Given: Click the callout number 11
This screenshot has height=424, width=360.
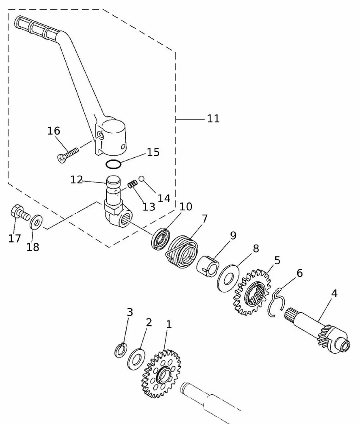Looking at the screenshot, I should tap(213, 118).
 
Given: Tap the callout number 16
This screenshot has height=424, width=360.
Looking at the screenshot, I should tap(54, 131).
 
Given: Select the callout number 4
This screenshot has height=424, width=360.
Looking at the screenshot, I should tap(334, 293).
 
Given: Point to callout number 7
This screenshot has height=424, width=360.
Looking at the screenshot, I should tap(205, 219).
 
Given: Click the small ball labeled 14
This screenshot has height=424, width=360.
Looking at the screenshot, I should tap(142, 179).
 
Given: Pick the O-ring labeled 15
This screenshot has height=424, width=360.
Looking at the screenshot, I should tap(113, 164).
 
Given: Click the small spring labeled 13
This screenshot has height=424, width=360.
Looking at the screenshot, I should tap(133, 184).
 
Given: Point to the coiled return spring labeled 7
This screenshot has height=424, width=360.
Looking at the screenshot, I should tap(181, 250).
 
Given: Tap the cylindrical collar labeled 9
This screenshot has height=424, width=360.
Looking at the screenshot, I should tap(208, 266).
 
